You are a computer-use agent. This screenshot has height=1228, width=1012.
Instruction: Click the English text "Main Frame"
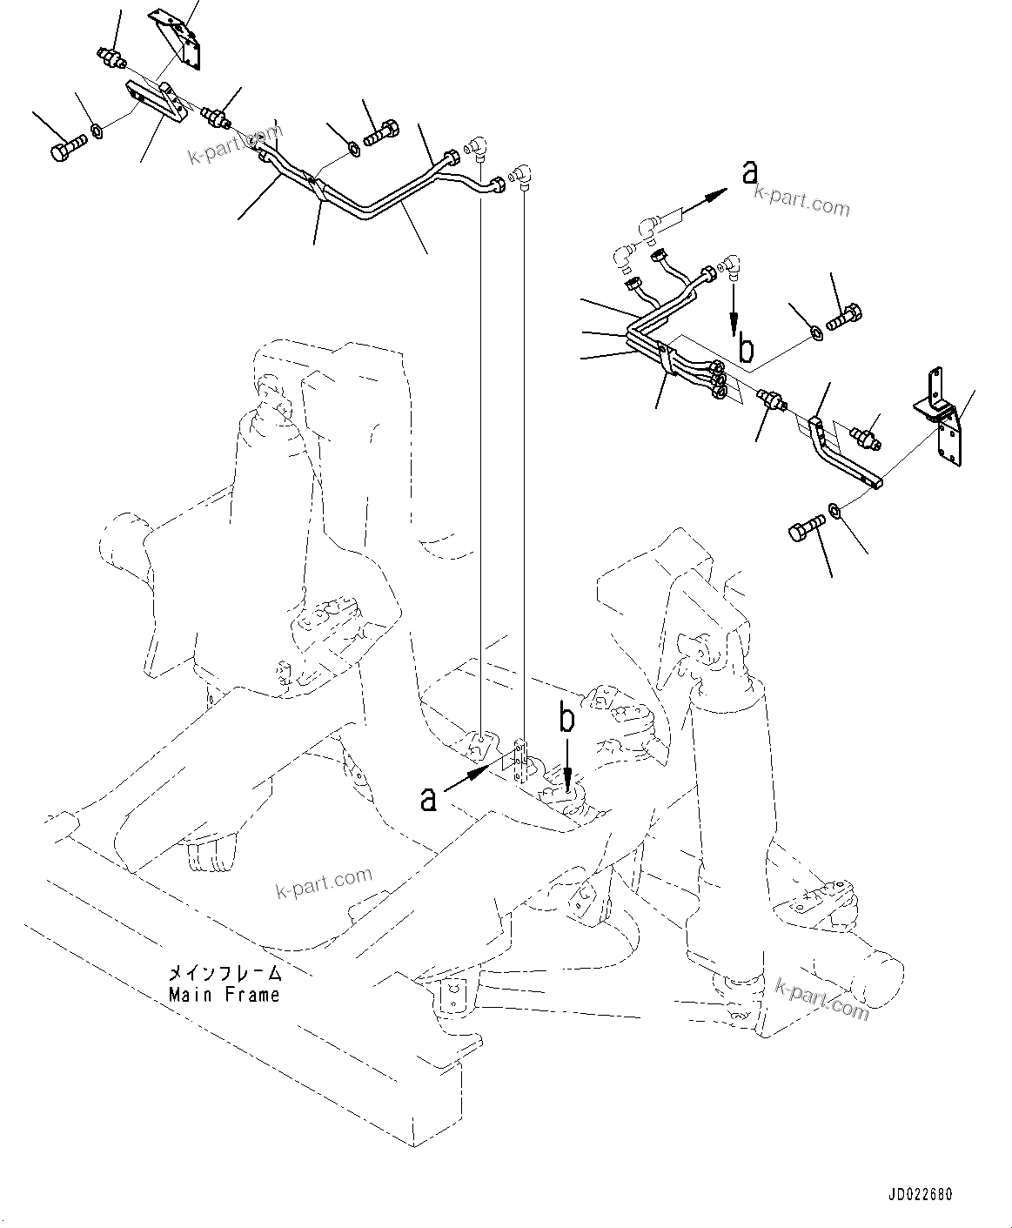(225, 994)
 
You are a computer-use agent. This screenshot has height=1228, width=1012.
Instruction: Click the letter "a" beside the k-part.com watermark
(749, 174)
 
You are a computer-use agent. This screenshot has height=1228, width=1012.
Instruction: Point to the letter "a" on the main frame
(428, 798)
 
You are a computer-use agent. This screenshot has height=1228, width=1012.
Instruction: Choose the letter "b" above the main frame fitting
(566, 719)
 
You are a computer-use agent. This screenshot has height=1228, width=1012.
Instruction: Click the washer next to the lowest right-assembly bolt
(834, 508)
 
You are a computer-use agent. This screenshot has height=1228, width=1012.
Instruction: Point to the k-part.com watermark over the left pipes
(237, 145)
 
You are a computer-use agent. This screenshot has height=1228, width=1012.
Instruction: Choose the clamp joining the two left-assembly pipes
(315, 186)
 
